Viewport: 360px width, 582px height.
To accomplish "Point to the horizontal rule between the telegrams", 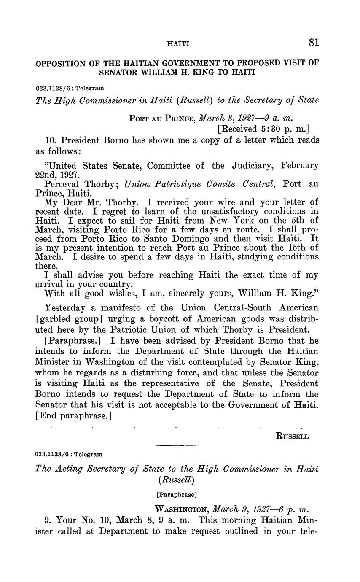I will [x=177, y=445].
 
